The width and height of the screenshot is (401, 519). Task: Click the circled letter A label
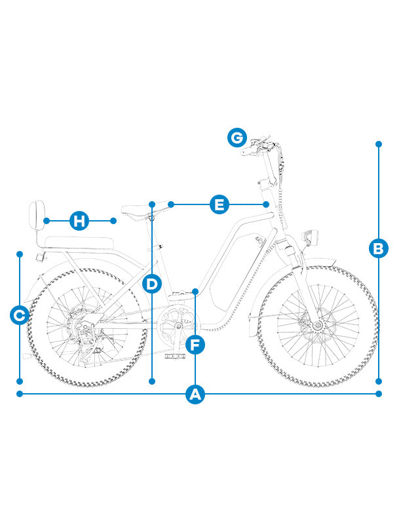[195, 394]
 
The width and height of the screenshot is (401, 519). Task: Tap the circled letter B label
[379, 248]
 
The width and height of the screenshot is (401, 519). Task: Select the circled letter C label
[20, 315]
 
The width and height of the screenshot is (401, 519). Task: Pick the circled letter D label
[152, 284]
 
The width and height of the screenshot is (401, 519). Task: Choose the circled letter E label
[220, 204]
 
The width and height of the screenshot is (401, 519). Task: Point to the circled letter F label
[195, 345]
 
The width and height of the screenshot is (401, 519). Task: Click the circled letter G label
[237, 138]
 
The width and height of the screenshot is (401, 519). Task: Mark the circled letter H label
[79, 220]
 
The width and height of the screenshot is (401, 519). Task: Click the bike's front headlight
[310, 237]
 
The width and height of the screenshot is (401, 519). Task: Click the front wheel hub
[317, 326]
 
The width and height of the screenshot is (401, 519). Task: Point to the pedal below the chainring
[175, 356]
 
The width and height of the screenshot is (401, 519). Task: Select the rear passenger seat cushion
[79, 242]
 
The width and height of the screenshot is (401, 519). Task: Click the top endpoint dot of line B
[379, 144]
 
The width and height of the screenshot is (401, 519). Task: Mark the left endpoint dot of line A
[20, 394]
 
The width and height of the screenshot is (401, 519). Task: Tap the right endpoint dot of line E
[266, 204]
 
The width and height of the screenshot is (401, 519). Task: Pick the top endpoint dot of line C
[20, 254]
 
